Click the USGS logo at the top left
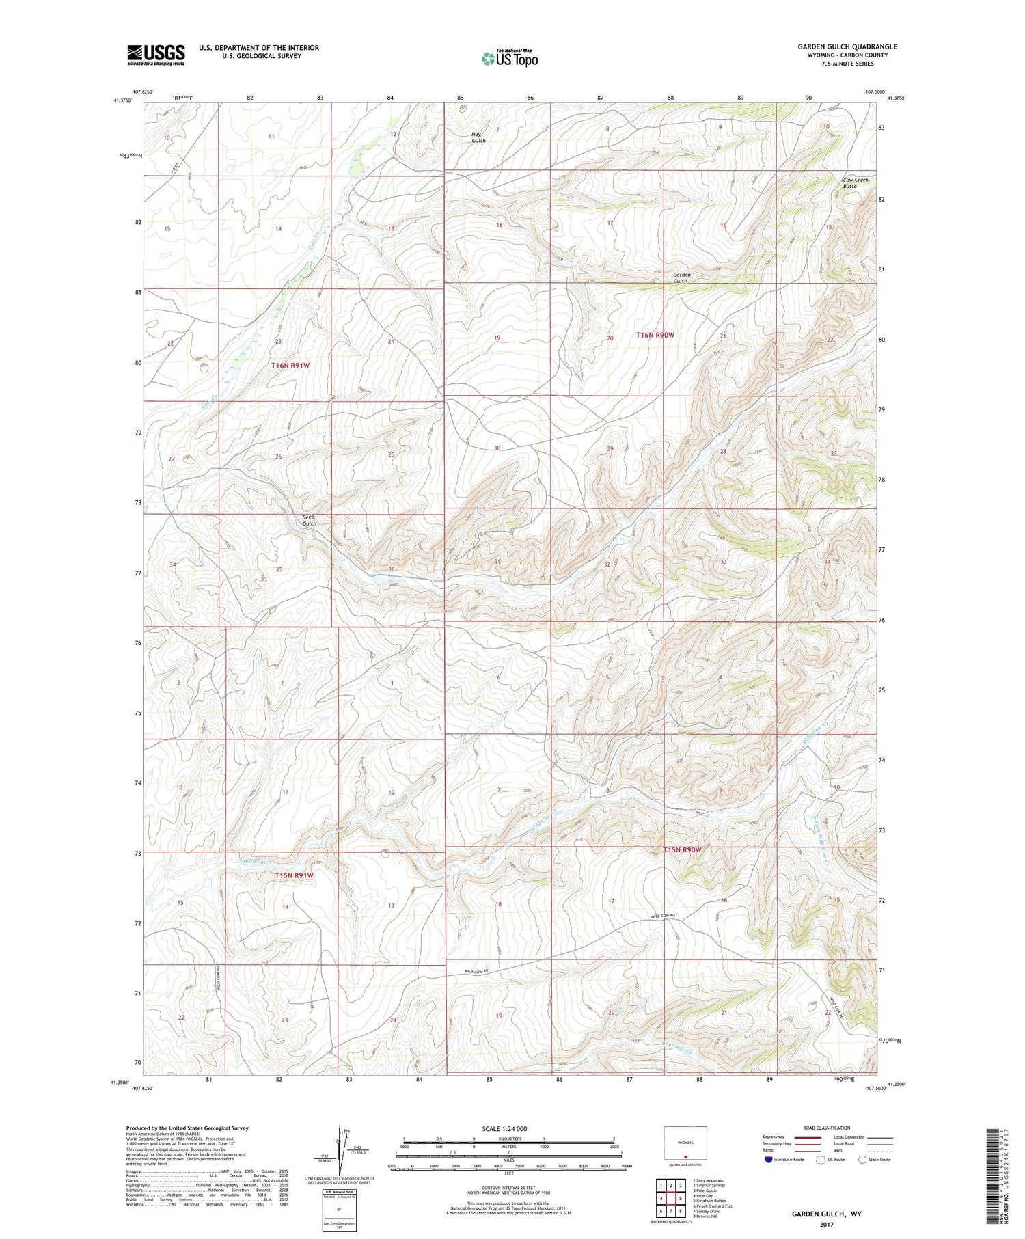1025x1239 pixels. click(156, 55)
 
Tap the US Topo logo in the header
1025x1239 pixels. click(509, 58)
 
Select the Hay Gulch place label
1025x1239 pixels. click(478, 137)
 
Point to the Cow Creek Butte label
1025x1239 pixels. click(854, 182)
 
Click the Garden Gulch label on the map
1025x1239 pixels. click(681, 277)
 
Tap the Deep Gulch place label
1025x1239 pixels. click(309, 520)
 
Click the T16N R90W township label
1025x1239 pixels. click(655, 335)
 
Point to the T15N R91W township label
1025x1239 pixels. click(294, 875)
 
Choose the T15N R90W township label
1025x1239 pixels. click(683, 849)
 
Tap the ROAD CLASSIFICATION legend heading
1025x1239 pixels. click(827, 1128)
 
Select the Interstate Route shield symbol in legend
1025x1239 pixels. click(769, 1159)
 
